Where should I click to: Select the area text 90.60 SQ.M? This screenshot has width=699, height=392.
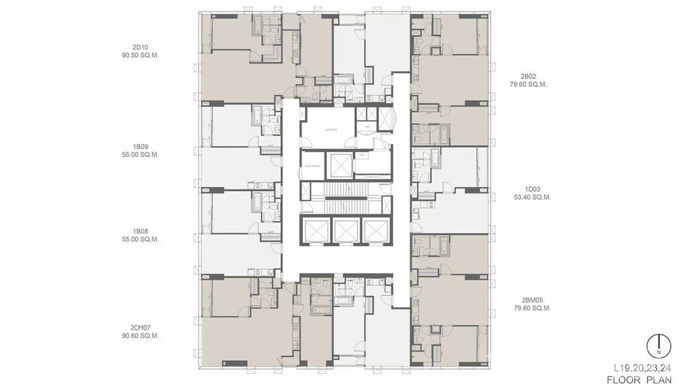(x=140, y=336)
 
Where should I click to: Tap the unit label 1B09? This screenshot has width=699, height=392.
(x=140, y=146)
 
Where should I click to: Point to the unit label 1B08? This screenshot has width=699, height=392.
(x=140, y=231)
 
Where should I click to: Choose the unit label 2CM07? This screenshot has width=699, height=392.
(x=140, y=328)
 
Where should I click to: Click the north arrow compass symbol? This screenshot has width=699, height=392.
(x=658, y=346)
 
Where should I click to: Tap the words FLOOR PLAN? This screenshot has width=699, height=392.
(x=639, y=380)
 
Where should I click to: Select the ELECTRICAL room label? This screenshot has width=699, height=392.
(x=313, y=166)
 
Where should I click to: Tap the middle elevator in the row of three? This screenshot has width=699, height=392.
(x=346, y=230)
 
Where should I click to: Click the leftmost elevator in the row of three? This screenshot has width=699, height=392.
(x=317, y=230)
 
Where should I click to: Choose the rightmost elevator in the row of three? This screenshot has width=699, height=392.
(x=376, y=230)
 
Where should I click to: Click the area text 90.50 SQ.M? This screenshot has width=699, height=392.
(x=140, y=55)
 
